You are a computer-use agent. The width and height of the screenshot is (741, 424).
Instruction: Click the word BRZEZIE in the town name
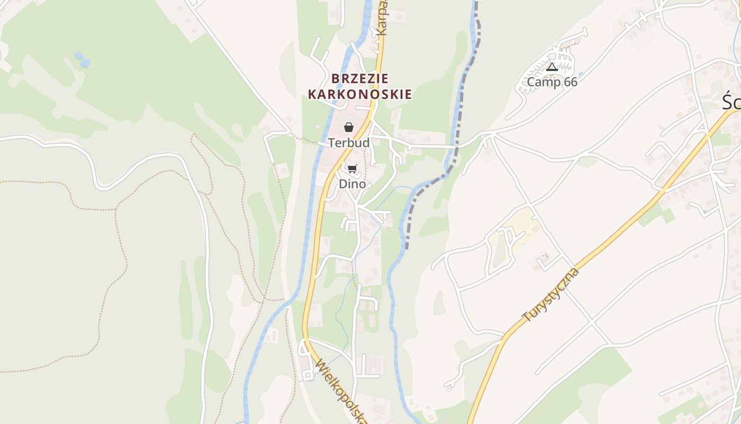pyautogui.click(x=360, y=78)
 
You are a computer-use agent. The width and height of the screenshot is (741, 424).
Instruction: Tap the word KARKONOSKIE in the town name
pyautogui.click(x=360, y=95)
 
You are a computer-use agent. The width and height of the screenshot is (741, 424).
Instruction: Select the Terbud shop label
pyautogui.click(x=349, y=143)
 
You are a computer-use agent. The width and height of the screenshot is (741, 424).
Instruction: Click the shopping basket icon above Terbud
pyautogui.click(x=349, y=127)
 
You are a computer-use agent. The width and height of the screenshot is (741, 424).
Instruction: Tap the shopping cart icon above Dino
pyautogui.click(x=352, y=169)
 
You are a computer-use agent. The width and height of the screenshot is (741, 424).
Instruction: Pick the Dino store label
pyautogui.click(x=352, y=184)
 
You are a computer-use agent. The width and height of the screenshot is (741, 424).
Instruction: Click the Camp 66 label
pyautogui.click(x=552, y=82)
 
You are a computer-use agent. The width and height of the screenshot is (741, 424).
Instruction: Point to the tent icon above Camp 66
pyautogui.click(x=552, y=67)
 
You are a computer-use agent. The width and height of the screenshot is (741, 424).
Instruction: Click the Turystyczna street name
pyautogui.click(x=550, y=295)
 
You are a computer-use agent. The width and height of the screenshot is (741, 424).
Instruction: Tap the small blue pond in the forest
pyautogui.click(x=82, y=59)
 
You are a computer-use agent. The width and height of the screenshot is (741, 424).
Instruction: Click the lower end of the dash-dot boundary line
pyautogui.click(x=407, y=247)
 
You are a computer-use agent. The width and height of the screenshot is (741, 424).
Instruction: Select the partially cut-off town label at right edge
pyautogui.click(x=732, y=102)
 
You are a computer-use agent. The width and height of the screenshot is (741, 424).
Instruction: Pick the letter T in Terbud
pyautogui.click(x=331, y=143)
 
